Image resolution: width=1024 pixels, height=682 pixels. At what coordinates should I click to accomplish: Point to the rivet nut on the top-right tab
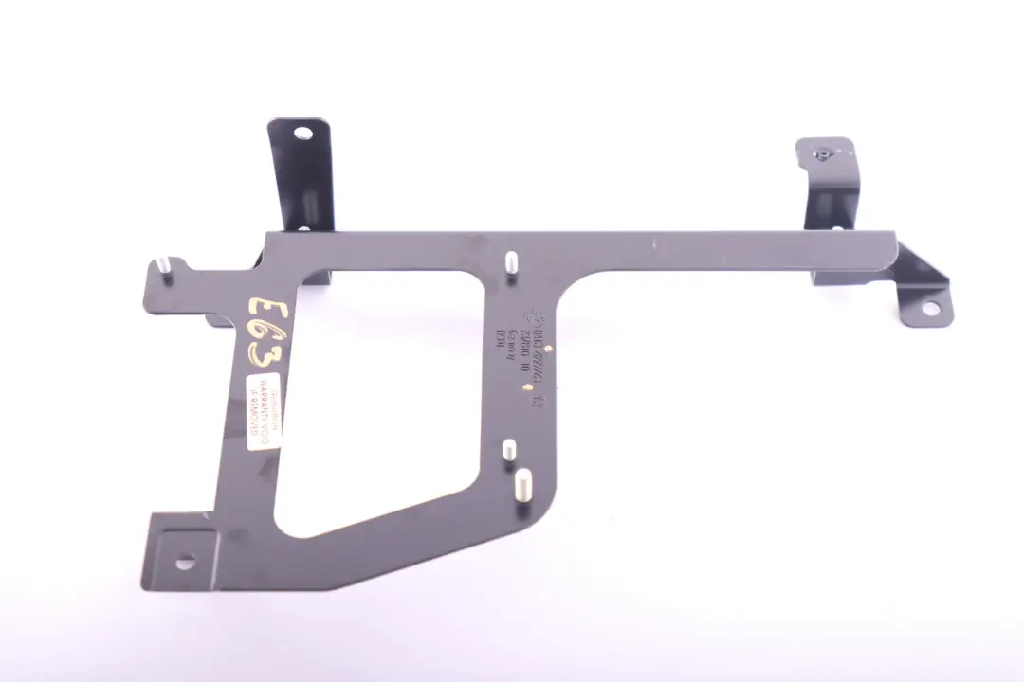pyautogui.click(x=823, y=152)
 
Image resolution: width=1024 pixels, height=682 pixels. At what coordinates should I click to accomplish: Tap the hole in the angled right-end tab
pyautogui.click(x=928, y=308)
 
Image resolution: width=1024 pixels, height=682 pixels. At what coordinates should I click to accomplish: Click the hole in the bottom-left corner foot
pyautogui.click(x=184, y=561)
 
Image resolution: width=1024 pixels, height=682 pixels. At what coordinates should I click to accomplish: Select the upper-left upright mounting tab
pyautogui.click(x=301, y=175)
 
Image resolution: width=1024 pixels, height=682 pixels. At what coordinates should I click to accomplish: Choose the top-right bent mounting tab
pyautogui.click(x=830, y=185)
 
